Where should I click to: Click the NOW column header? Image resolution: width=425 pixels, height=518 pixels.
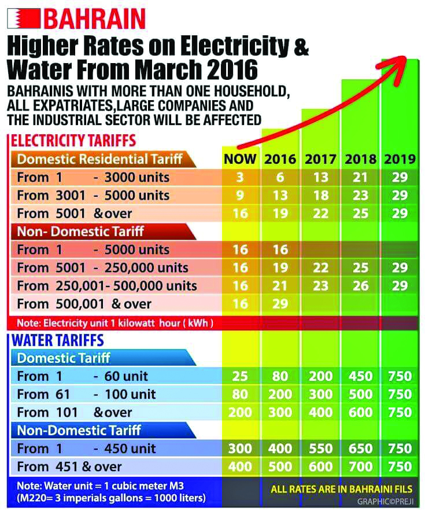240,159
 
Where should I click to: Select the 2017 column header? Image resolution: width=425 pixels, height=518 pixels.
320,159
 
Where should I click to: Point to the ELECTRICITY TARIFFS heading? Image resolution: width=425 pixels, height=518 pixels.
73,140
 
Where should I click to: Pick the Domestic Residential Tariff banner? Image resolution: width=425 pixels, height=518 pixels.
100,159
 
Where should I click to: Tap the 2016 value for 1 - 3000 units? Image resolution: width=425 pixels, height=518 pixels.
280,177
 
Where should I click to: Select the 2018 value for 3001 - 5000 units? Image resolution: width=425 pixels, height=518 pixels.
360,195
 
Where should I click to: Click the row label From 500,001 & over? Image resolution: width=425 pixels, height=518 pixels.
84,304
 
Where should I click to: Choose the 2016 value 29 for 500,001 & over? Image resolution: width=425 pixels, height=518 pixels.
280,304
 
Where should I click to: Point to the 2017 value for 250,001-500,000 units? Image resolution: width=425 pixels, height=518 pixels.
320,286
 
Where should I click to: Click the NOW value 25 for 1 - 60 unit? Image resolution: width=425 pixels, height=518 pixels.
240,377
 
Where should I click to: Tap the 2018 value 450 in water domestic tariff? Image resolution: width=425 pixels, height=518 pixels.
360,377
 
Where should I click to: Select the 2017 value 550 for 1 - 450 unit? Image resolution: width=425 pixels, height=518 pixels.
320,449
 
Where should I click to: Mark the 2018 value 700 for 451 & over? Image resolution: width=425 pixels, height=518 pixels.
360,466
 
